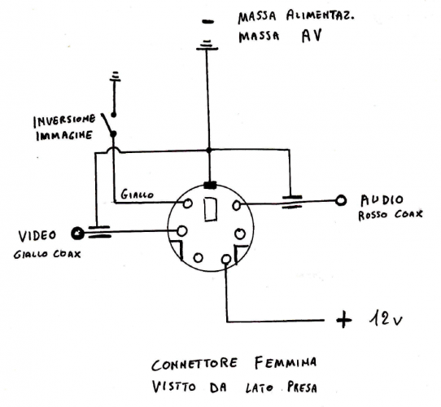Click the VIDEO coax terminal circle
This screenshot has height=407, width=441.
(77, 234)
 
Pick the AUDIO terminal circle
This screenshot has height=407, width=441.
(343, 199)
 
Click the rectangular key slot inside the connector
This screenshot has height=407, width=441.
(210, 209)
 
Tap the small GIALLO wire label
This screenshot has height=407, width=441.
(135, 195)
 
